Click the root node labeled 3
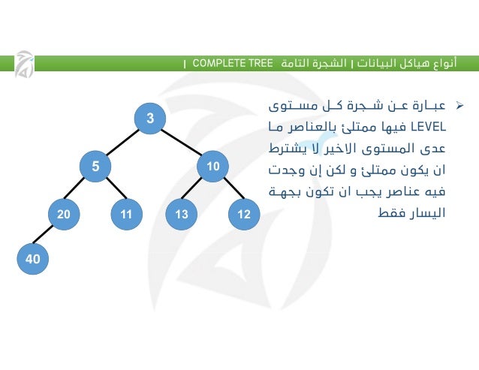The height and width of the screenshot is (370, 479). pyautogui.click(x=150, y=118)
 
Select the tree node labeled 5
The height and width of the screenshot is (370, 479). pyautogui.click(x=95, y=166)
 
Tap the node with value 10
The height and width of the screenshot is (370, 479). pyautogui.click(x=213, y=166)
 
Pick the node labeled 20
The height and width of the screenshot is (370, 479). pyautogui.click(x=64, y=215)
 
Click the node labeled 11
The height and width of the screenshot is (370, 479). pyautogui.click(x=126, y=215)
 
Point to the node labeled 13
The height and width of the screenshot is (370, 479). pyautogui.click(x=181, y=215)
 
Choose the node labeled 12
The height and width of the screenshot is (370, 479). pyautogui.click(x=243, y=215)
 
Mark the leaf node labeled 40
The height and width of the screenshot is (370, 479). pyautogui.click(x=32, y=259)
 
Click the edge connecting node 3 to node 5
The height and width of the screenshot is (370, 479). pyautogui.click(x=122, y=142)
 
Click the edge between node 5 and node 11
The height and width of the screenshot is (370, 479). pyautogui.click(x=111, y=191)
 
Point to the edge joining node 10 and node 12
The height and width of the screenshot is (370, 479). pyautogui.click(x=228, y=191)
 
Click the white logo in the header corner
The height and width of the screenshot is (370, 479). pyautogui.click(x=24, y=65)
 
